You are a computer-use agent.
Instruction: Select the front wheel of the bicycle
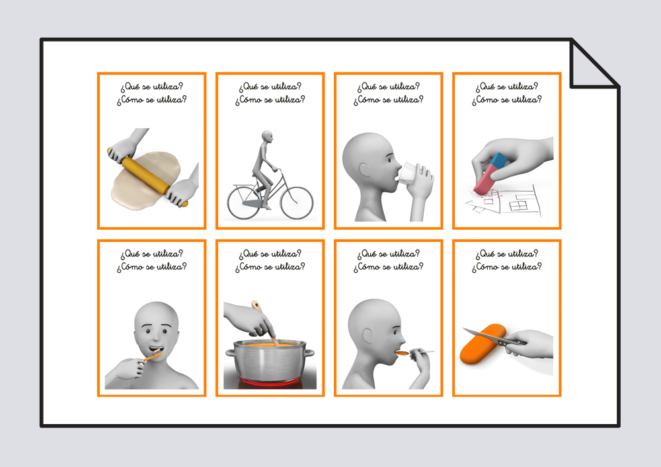click(297, 203)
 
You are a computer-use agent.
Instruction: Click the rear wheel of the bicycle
click(244, 203)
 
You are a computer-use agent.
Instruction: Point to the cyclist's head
click(267, 137)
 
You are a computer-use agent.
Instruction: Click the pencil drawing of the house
click(506, 202)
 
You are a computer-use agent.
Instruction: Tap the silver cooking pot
click(270, 361)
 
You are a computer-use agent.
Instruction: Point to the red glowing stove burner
click(270, 382)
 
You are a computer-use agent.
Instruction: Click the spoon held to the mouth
click(415, 352)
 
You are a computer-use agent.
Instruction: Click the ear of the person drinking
click(365, 169)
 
